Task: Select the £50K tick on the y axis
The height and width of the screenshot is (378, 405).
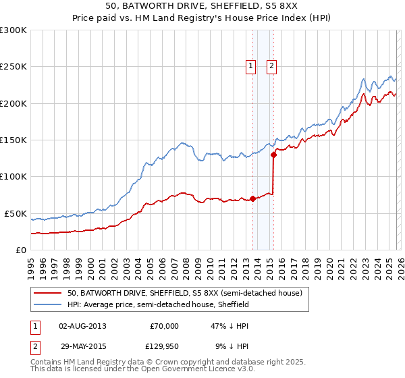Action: click(x=16, y=213)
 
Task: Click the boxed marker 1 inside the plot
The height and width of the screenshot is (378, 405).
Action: click(x=251, y=66)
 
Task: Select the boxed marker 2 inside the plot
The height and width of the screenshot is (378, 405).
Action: click(x=272, y=66)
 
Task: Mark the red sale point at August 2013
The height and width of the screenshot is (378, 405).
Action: click(x=252, y=198)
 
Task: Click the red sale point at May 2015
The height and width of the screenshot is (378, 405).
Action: click(x=274, y=155)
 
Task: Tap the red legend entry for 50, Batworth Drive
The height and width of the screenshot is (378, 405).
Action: click(x=188, y=294)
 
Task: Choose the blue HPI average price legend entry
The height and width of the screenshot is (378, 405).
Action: click(x=159, y=305)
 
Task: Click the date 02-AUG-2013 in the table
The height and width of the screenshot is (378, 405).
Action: click(x=82, y=326)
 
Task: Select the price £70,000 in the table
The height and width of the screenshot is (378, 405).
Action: click(x=164, y=326)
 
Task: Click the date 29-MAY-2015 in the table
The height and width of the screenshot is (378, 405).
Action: click(x=82, y=346)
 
